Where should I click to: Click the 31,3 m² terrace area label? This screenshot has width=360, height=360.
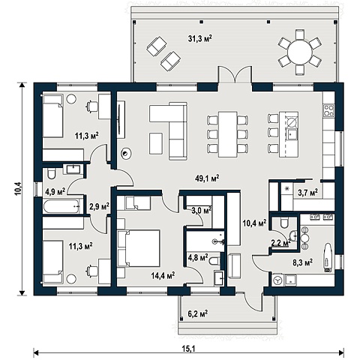(x=200, y=39)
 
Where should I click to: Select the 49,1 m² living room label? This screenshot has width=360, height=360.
(x=207, y=178)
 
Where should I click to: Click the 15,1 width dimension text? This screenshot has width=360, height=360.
(x=189, y=349)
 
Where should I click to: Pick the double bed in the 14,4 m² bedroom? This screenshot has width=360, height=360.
(x=139, y=248)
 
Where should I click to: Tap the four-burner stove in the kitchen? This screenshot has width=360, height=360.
(x=328, y=110)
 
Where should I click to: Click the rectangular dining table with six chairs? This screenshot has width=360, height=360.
(x=228, y=134)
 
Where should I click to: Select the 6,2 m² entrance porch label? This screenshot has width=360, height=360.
(x=198, y=313)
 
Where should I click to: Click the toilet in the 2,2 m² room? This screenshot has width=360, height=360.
(x=284, y=223)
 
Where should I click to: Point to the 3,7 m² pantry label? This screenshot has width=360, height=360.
(x=307, y=193)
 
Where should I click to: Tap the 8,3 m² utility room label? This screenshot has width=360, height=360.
(x=302, y=262)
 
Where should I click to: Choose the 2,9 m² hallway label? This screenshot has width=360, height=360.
(x=99, y=206)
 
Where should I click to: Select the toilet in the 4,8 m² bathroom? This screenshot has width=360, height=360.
(x=214, y=262)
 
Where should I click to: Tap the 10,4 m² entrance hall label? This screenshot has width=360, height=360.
(x=254, y=223)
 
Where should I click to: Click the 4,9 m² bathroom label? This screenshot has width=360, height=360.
(x=55, y=192)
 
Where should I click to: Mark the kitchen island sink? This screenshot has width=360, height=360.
(x=292, y=134)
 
